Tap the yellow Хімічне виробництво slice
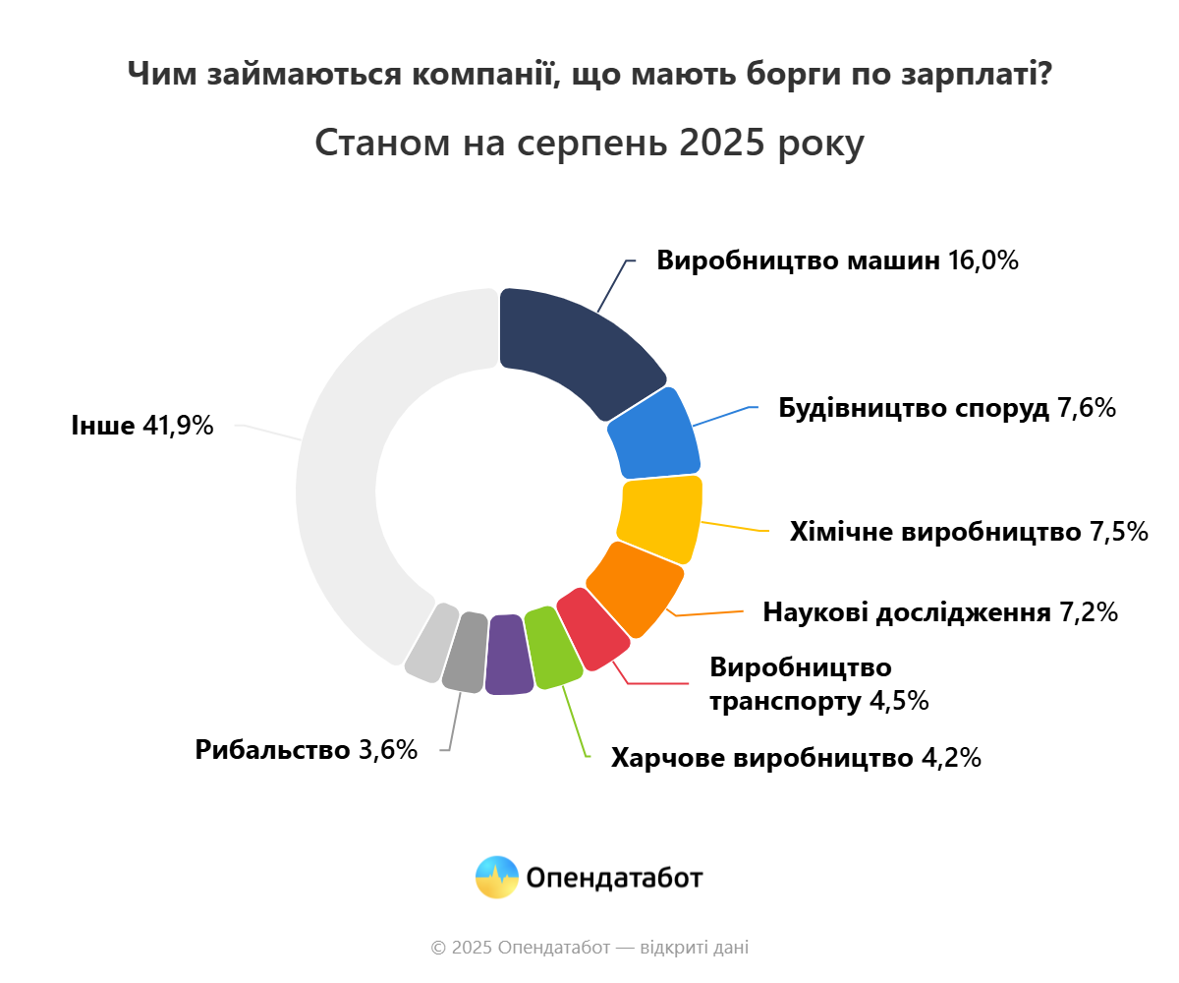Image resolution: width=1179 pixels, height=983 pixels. click(660, 518)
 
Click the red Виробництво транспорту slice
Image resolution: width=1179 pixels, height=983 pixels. click(592, 629)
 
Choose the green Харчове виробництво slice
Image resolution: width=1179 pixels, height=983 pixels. click(550, 649)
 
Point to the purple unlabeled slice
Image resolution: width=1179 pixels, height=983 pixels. click(508, 655)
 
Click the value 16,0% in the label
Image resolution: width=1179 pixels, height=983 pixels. click(982, 261)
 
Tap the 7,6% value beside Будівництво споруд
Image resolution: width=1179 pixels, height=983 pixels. click(1086, 409)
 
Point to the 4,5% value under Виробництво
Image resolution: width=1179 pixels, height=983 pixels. click(899, 702)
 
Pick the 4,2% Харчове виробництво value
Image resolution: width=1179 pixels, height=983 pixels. click(950, 758)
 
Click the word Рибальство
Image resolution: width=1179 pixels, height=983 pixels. click(272, 750)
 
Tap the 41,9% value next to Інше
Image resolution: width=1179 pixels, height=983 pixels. click(178, 426)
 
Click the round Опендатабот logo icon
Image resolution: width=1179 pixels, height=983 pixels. click(496, 877)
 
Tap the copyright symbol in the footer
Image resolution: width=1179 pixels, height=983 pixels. click(438, 949)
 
